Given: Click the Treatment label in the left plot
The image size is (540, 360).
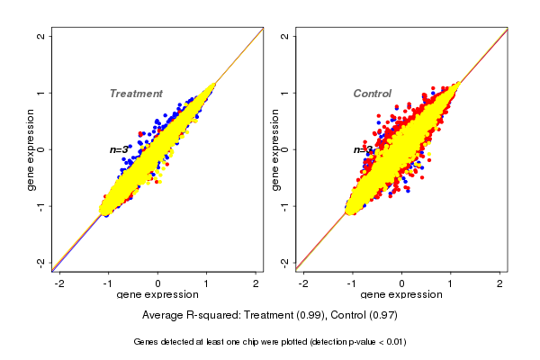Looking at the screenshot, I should coord(136,94).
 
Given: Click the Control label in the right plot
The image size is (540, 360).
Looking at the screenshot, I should coord(372,94).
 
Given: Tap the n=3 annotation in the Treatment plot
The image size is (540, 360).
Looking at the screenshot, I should coord(120,149).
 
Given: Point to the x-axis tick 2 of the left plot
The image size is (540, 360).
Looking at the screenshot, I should coord(255,283).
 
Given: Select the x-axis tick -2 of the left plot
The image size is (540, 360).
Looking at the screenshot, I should coord(60,283).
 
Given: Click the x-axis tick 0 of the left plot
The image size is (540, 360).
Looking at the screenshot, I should coord(157,283).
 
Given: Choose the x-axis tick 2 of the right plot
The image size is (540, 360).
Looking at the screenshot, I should coord(499,283).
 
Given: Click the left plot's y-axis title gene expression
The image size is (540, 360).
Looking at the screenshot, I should coord(31,149).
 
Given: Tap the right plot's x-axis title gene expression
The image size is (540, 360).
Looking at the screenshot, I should coord(401,294).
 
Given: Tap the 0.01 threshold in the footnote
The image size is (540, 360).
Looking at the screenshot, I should coord(393,342).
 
